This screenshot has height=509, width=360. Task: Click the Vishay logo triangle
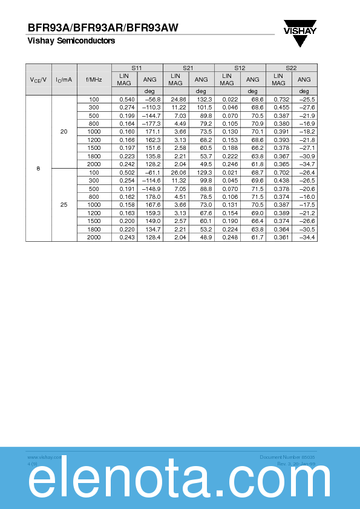301,37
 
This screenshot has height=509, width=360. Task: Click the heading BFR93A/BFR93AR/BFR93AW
103,27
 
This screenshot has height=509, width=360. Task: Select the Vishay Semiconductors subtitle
71,41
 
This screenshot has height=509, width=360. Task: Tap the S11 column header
137,68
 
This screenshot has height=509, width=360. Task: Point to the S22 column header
291,68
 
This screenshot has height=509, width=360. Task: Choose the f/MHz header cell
94,79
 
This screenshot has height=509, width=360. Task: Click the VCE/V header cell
39,79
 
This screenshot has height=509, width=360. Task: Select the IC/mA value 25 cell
64,205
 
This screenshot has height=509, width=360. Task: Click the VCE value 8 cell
39,168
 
